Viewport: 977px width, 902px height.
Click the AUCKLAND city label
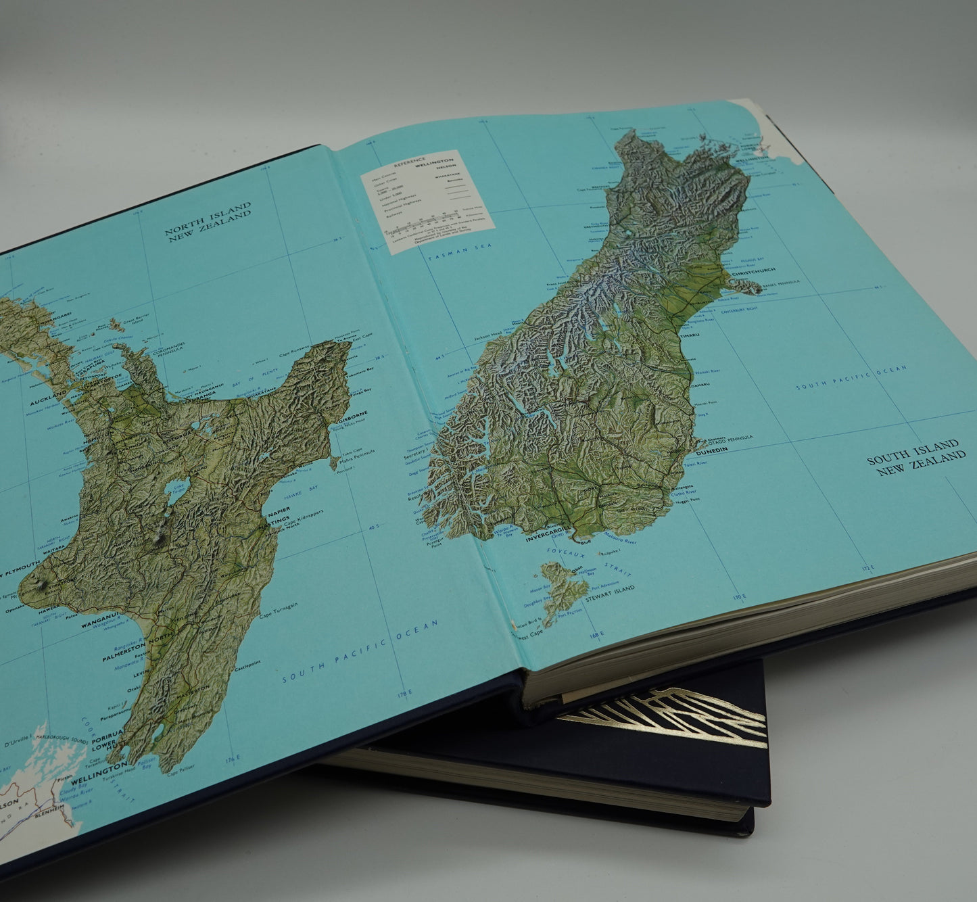click(x=47, y=393)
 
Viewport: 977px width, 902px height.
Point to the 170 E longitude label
click(x=739, y=596)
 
